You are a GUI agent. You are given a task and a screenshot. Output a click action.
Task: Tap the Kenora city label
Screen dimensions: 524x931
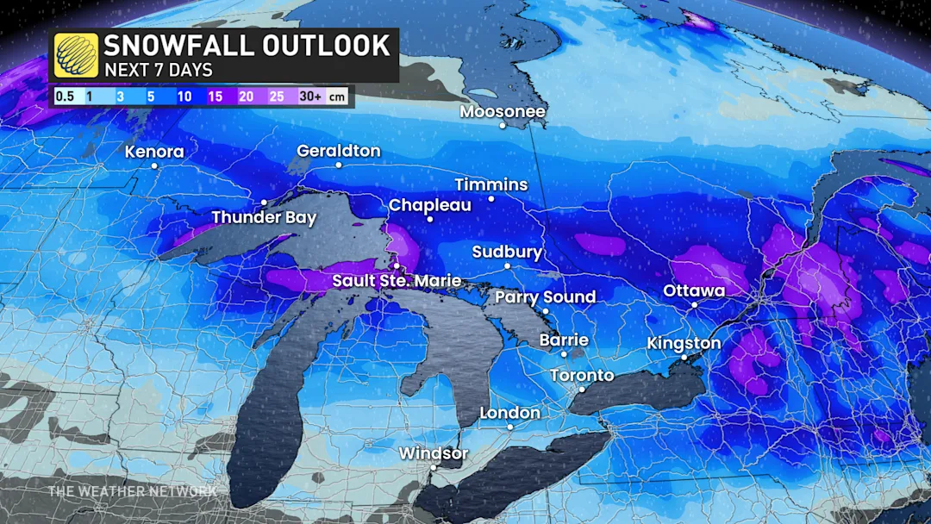[x=154, y=152]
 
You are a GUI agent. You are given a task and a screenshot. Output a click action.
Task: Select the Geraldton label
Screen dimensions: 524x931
[x=338, y=151]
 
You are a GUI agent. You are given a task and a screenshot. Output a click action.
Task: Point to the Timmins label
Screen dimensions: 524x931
[x=491, y=185]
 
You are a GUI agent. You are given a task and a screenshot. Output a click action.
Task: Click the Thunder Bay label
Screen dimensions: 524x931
[x=264, y=217]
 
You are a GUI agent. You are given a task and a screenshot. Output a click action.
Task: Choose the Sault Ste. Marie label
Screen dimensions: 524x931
[x=397, y=282]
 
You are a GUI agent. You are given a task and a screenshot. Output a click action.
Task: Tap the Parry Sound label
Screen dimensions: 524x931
[x=545, y=297]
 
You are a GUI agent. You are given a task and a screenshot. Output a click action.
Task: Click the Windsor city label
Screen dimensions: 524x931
[x=434, y=453]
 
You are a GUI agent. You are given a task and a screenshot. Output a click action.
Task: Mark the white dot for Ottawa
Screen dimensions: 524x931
[x=694, y=304]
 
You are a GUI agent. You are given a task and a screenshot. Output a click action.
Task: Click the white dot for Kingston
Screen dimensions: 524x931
[x=684, y=358]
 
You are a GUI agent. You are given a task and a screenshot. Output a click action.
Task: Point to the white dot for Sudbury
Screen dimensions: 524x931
[x=507, y=266]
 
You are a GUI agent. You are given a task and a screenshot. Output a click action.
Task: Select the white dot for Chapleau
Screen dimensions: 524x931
[x=429, y=219]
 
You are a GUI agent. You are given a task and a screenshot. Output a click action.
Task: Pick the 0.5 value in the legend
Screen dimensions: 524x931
[x=65, y=97]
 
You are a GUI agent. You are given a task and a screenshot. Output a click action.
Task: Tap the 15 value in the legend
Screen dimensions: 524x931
[x=215, y=97]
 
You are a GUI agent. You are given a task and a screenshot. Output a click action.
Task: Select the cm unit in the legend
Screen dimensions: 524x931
[x=338, y=97]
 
